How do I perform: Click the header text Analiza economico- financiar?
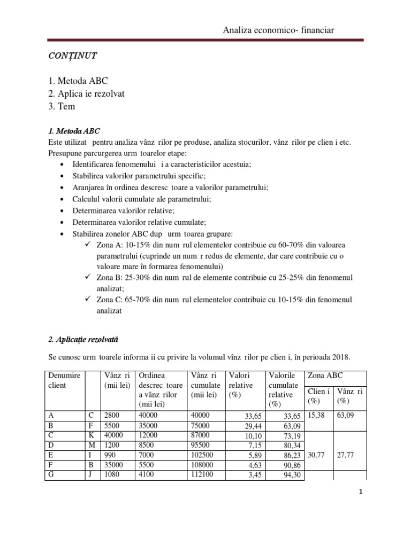click(278, 30)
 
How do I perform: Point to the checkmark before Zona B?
click(88, 278)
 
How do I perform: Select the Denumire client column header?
click(64, 380)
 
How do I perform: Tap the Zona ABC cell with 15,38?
click(316, 415)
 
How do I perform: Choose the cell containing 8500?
click(148, 444)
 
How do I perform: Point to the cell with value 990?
click(111, 454)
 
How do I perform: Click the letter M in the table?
click(92, 444)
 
